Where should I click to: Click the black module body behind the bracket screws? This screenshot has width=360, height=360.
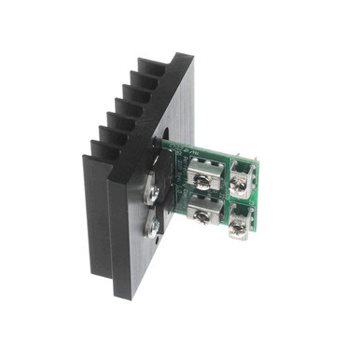click(168, 210)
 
